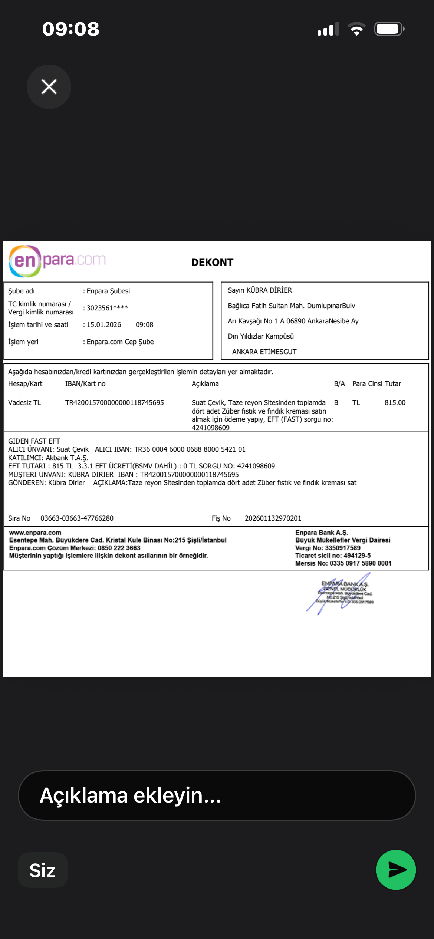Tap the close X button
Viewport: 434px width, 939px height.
click(49, 87)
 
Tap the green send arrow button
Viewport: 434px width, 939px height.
click(396, 870)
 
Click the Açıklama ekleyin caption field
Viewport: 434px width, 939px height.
click(217, 795)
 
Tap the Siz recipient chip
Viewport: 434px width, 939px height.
click(43, 870)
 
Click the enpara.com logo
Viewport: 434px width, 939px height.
click(57, 261)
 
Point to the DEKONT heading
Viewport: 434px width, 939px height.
click(212, 263)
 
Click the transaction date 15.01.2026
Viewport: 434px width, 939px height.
click(104, 325)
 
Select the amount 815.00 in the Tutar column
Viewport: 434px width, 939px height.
click(395, 403)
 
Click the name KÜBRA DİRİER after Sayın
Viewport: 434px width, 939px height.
click(269, 290)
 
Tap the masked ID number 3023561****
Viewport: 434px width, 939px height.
click(107, 308)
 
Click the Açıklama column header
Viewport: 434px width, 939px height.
click(205, 384)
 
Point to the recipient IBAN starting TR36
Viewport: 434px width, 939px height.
click(190, 449)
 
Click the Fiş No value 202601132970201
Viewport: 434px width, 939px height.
click(273, 518)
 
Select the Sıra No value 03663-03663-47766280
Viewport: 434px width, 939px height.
click(77, 518)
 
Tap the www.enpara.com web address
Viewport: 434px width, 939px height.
click(35, 533)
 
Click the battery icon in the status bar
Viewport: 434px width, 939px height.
click(389, 29)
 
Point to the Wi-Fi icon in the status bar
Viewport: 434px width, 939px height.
click(356, 29)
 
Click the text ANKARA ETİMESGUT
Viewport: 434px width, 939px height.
click(264, 352)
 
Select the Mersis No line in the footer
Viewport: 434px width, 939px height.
click(343, 563)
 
